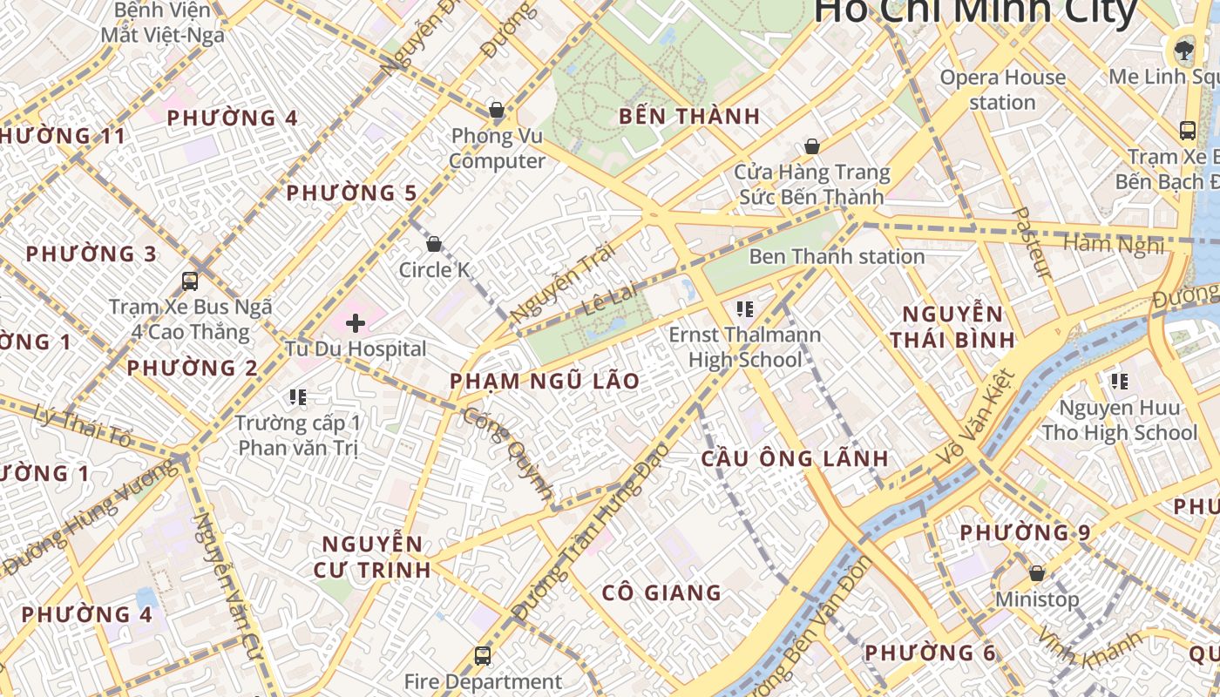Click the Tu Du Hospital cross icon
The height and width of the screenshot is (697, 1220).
tap(356, 324)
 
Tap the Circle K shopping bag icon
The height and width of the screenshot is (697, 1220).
tap(434, 244)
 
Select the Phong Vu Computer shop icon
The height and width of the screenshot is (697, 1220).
tap(497, 111)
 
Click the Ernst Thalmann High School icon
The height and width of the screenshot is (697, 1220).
tap(744, 308)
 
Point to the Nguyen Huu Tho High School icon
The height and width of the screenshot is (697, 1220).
tap(1120, 381)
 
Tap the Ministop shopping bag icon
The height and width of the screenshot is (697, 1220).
tap(1037, 573)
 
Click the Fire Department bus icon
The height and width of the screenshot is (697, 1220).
tap(483, 655)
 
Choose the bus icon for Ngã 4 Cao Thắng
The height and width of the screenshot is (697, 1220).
tap(190, 281)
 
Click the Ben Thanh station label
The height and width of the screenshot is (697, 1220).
tap(837, 256)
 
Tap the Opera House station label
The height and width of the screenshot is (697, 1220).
tap(1002, 90)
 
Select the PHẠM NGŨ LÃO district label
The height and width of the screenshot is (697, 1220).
tap(545, 381)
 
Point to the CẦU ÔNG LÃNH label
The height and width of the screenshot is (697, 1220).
tap(795, 458)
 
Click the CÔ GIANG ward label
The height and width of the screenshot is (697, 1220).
tap(661, 593)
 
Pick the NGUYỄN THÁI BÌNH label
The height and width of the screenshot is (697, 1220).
tap(952, 327)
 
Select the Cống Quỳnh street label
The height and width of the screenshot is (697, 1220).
tap(508, 453)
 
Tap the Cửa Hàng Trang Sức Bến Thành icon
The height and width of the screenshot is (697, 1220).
tap(812, 146)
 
